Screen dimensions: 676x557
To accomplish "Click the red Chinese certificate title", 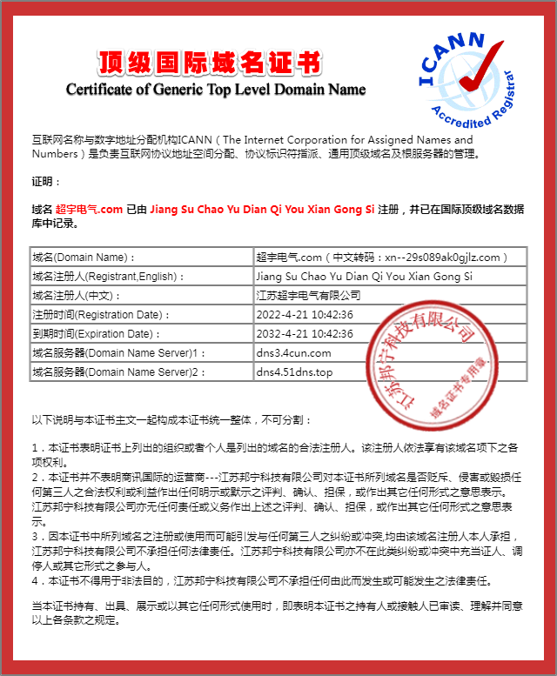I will point(210,63).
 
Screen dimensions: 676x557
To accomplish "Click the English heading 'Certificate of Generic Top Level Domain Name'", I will point(216,89).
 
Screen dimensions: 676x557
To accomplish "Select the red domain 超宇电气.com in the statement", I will point(89,210).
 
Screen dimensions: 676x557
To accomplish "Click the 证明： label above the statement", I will point(46,182).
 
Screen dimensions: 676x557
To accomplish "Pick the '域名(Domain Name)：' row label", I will point(84,258).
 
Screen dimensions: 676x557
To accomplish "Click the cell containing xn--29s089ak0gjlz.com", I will point(390,258).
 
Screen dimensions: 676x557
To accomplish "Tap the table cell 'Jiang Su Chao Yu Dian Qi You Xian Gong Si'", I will point(364,277).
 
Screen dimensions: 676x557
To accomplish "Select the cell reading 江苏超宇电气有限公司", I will point(308,296).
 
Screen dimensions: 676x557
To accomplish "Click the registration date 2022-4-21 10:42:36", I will point(305,315).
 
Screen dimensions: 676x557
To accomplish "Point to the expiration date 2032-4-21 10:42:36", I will point(305,334).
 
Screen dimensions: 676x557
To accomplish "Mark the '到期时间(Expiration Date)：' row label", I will point(97,334).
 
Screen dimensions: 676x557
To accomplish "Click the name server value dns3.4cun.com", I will point(293,353).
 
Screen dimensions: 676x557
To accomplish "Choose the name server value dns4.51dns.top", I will point(294,372).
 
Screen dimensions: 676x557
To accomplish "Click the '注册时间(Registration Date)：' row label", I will point(99,315).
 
